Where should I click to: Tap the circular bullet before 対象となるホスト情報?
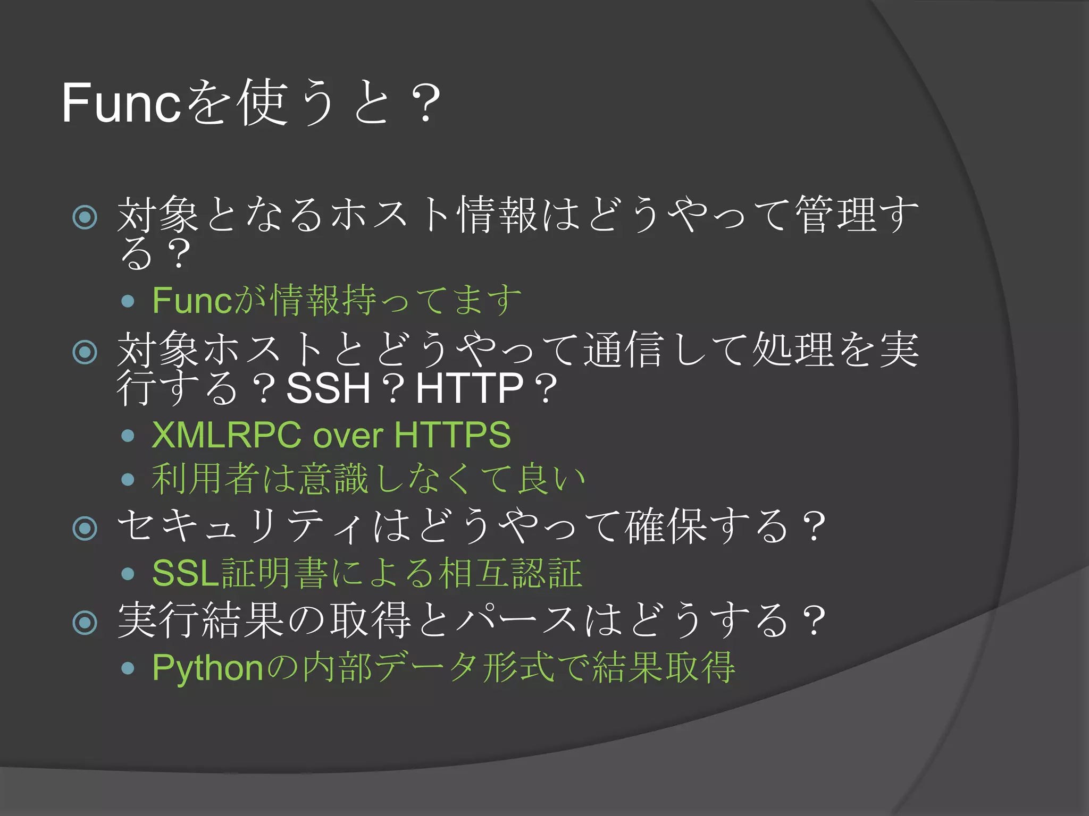[85, 217]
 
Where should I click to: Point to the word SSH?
[328, 388]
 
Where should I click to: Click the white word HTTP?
[470, 388]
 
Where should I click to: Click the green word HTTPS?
[453, 435]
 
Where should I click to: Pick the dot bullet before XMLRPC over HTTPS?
[128, 436]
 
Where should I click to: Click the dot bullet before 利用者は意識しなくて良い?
[128, 480]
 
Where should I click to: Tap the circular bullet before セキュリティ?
[85, 528]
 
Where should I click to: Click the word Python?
[208, 668]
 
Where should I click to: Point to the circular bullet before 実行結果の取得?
[85, 622]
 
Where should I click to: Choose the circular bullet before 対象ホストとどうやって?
[85, 352]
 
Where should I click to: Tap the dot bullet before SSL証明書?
[128, 574]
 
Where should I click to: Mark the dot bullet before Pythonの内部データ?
[128, 668]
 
